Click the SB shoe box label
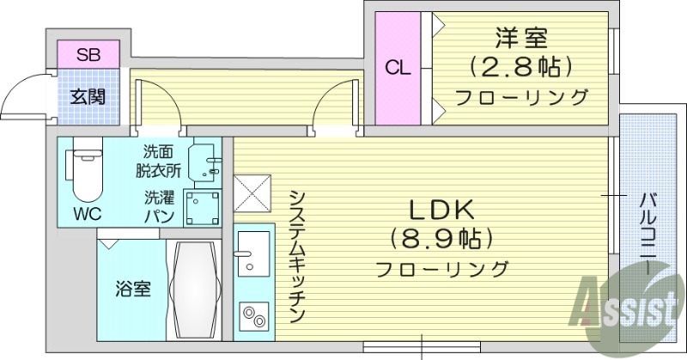[88, 55]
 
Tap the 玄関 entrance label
[88, 96]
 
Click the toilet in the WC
[85, 172]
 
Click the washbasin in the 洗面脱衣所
[206, 160]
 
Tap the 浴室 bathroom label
[133, 289]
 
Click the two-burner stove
[252, 317]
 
